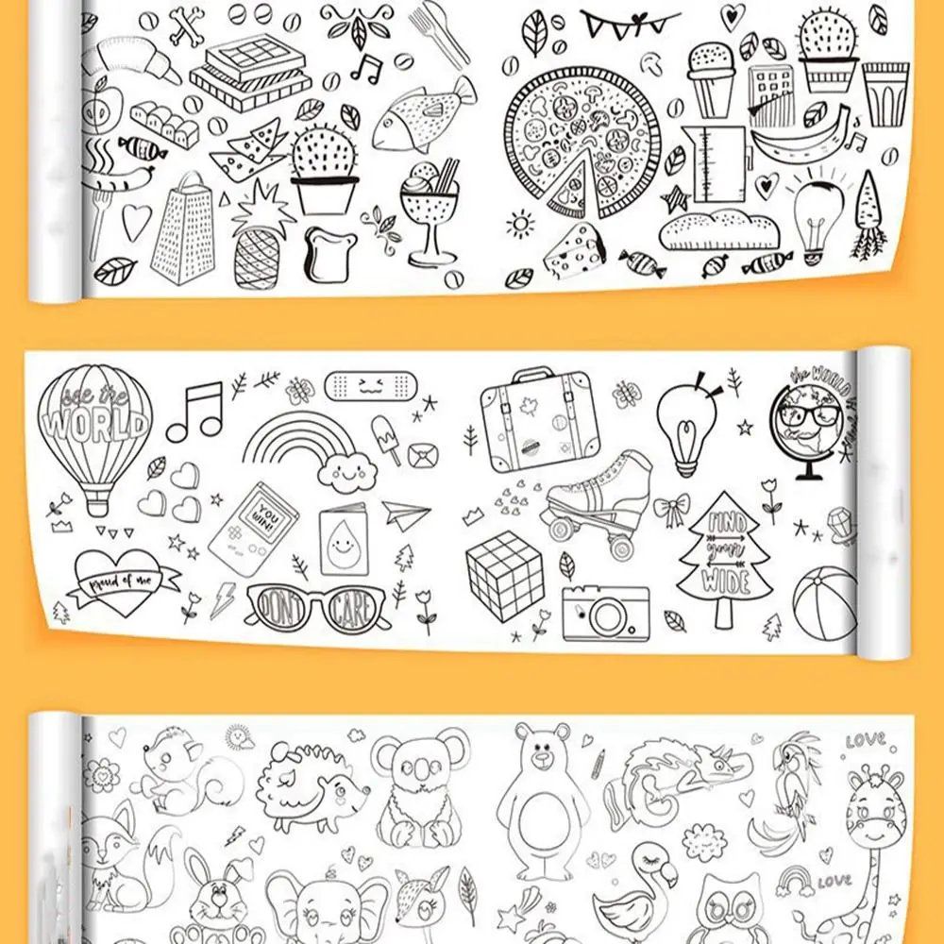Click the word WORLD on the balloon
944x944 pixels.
pyautogui.click(x=94, y=424)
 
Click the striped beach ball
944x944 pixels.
pyautogui.click(x=824, y=602)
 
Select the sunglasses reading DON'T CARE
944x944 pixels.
pyautogui.click(x=315, y=606)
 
